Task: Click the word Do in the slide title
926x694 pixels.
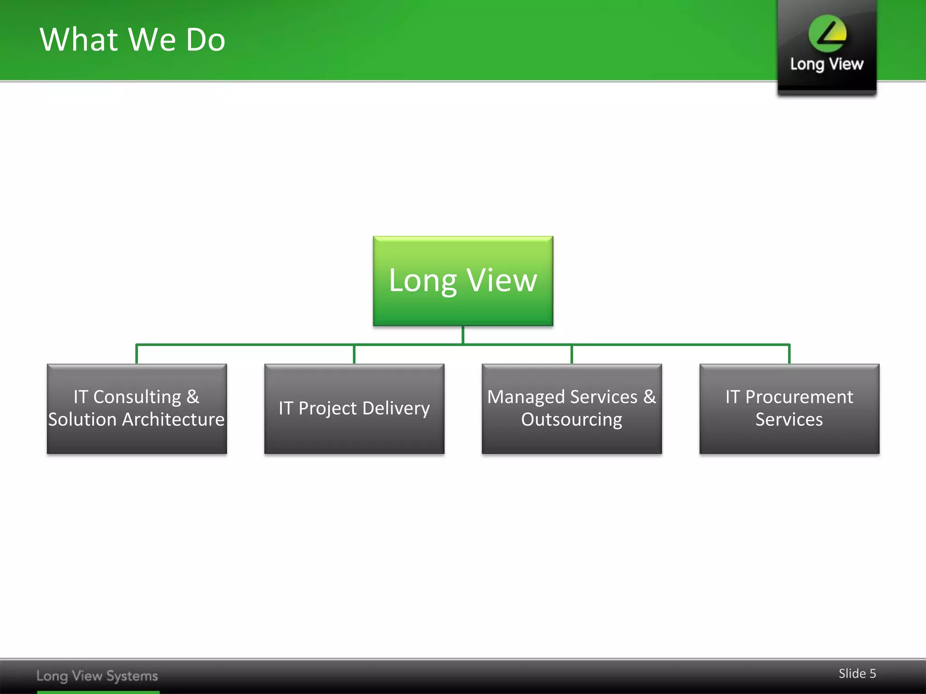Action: (206, 40)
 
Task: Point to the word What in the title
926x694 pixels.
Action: (79, 40)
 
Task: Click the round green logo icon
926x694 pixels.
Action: (827, 33)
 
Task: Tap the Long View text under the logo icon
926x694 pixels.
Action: (827, 64)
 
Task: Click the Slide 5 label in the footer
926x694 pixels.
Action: (857, 674)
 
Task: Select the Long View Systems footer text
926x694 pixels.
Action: (97, 676)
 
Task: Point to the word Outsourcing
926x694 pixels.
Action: (572, 420)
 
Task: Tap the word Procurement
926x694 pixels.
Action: (799, 397)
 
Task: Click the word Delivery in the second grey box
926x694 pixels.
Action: (396, 408)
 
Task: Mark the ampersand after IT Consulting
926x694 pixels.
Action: (193, 397)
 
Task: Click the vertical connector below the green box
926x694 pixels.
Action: (463, 335)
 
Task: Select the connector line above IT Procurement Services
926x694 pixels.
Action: (789, 354)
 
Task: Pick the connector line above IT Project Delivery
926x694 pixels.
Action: (354, 354)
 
